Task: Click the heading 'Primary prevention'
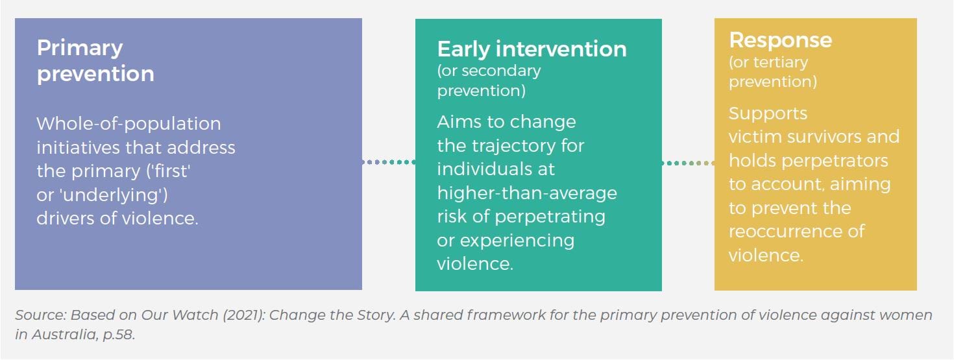(x=95, y=60)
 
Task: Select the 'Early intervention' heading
(x=532, y=49)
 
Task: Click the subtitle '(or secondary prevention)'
(x=489, y=80)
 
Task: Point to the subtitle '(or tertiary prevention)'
(x=772, y=72)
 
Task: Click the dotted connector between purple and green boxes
(x=388, y=162)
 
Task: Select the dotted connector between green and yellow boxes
(x=688, y=163)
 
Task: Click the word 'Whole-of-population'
(x=128, y=123)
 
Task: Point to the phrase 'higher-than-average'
(x=526, y=193)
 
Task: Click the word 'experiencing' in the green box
(x=517, y=240)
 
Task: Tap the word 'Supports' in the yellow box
(x=768, y=114)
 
